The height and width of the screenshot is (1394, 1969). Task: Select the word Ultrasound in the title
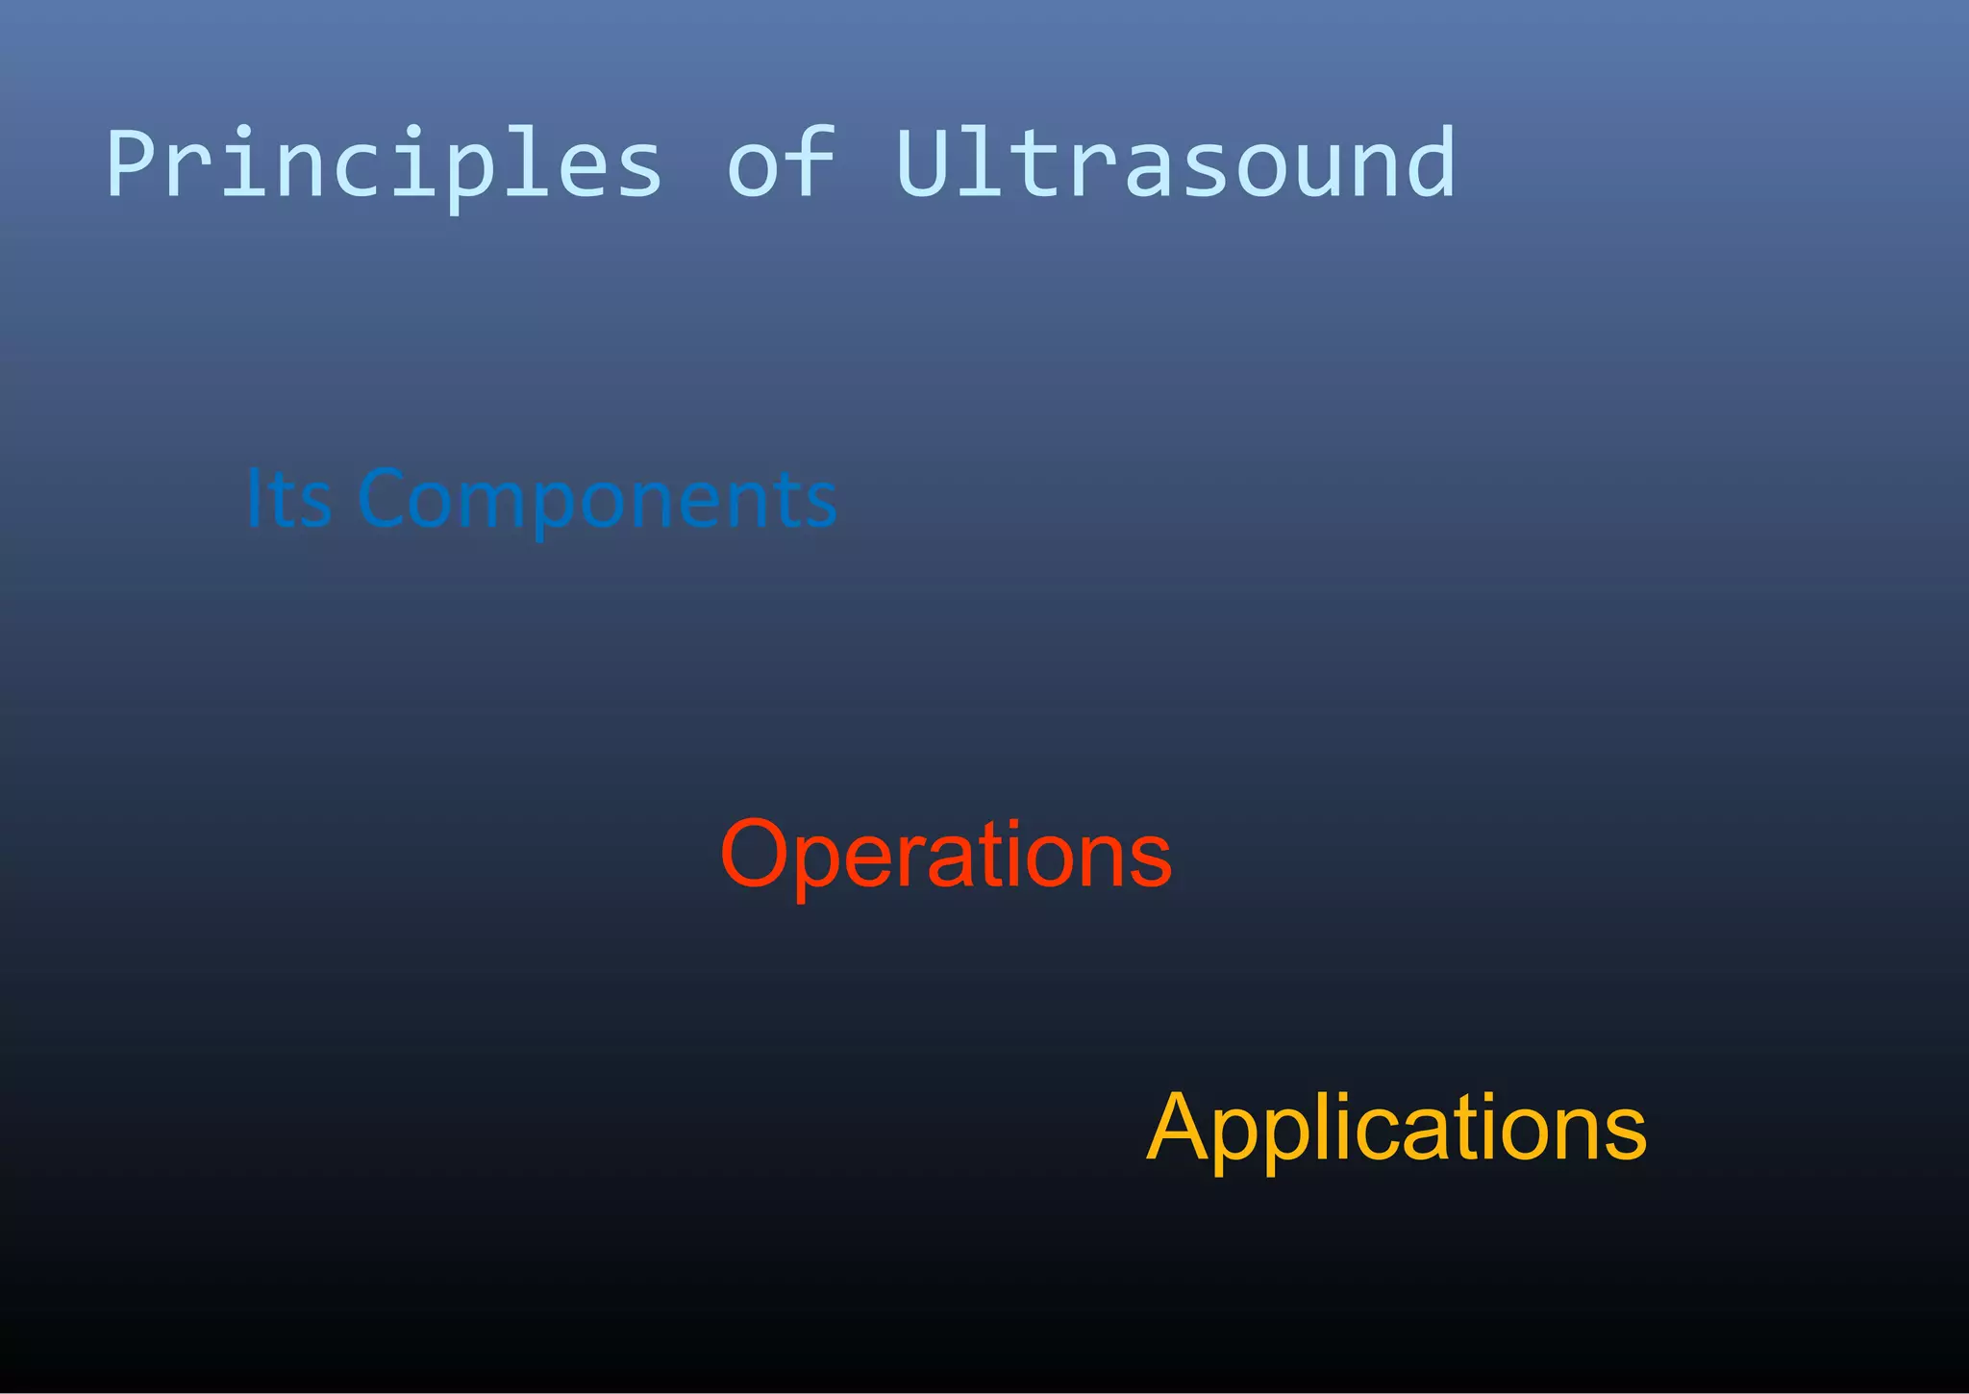click(x=1175, y=163)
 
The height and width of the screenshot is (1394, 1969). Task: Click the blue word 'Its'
click(x=288, y=499)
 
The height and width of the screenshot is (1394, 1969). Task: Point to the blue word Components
click(x=597, y=501)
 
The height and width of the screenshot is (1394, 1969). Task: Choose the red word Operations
click(x=946, y=854)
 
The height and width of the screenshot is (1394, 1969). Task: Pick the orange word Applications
click(x=1396, y=1127)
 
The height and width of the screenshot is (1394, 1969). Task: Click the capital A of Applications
click(x=1179, y=1127)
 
